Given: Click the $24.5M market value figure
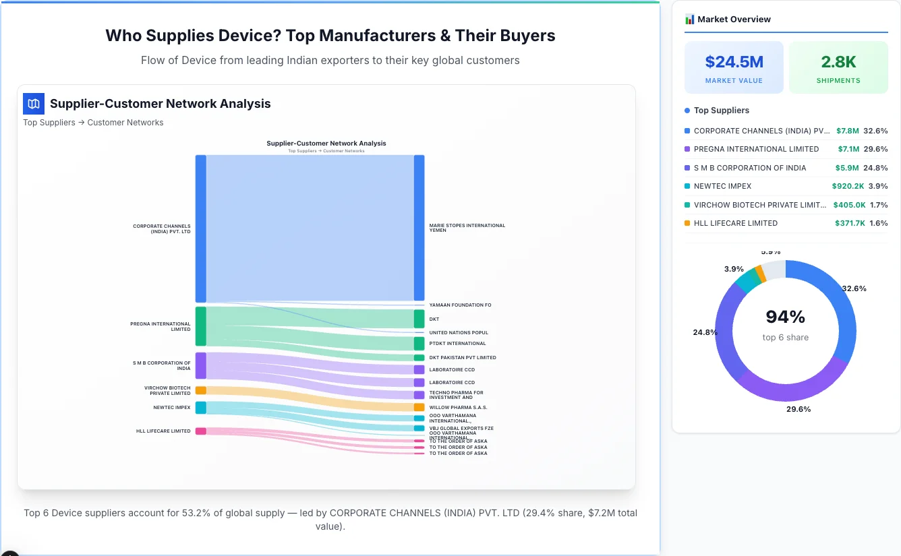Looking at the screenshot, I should tap(734, 62).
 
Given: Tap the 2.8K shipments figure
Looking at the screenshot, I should tap(838, 62).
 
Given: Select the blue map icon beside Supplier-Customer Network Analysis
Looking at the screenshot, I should tap(33, 104).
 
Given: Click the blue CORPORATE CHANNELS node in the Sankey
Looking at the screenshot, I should tap(200, 228).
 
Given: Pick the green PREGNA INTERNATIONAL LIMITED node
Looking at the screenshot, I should tap(200, 326).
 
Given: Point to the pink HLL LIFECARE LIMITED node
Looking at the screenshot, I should tap(200, 431).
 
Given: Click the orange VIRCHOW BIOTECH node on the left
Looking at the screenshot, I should tap(200, 390).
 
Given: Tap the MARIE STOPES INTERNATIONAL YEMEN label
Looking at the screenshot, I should tap(467, 228).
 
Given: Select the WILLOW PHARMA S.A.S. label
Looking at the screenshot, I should tap(458, 408).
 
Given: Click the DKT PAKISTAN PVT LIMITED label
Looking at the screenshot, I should tap(462, 358).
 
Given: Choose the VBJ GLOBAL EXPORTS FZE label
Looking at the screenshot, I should tap(461, 428).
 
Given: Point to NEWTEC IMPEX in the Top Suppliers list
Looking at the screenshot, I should tap(722, 186).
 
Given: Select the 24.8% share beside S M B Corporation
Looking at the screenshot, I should tap(875, 168).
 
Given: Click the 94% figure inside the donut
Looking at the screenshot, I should tap(786, 317).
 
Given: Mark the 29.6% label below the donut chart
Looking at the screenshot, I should tap(798, 409).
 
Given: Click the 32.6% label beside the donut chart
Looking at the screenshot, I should tap(854, 288).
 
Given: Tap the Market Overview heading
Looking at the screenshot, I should tap(734, 20).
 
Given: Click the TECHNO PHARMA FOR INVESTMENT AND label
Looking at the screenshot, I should tap(456, 395).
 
